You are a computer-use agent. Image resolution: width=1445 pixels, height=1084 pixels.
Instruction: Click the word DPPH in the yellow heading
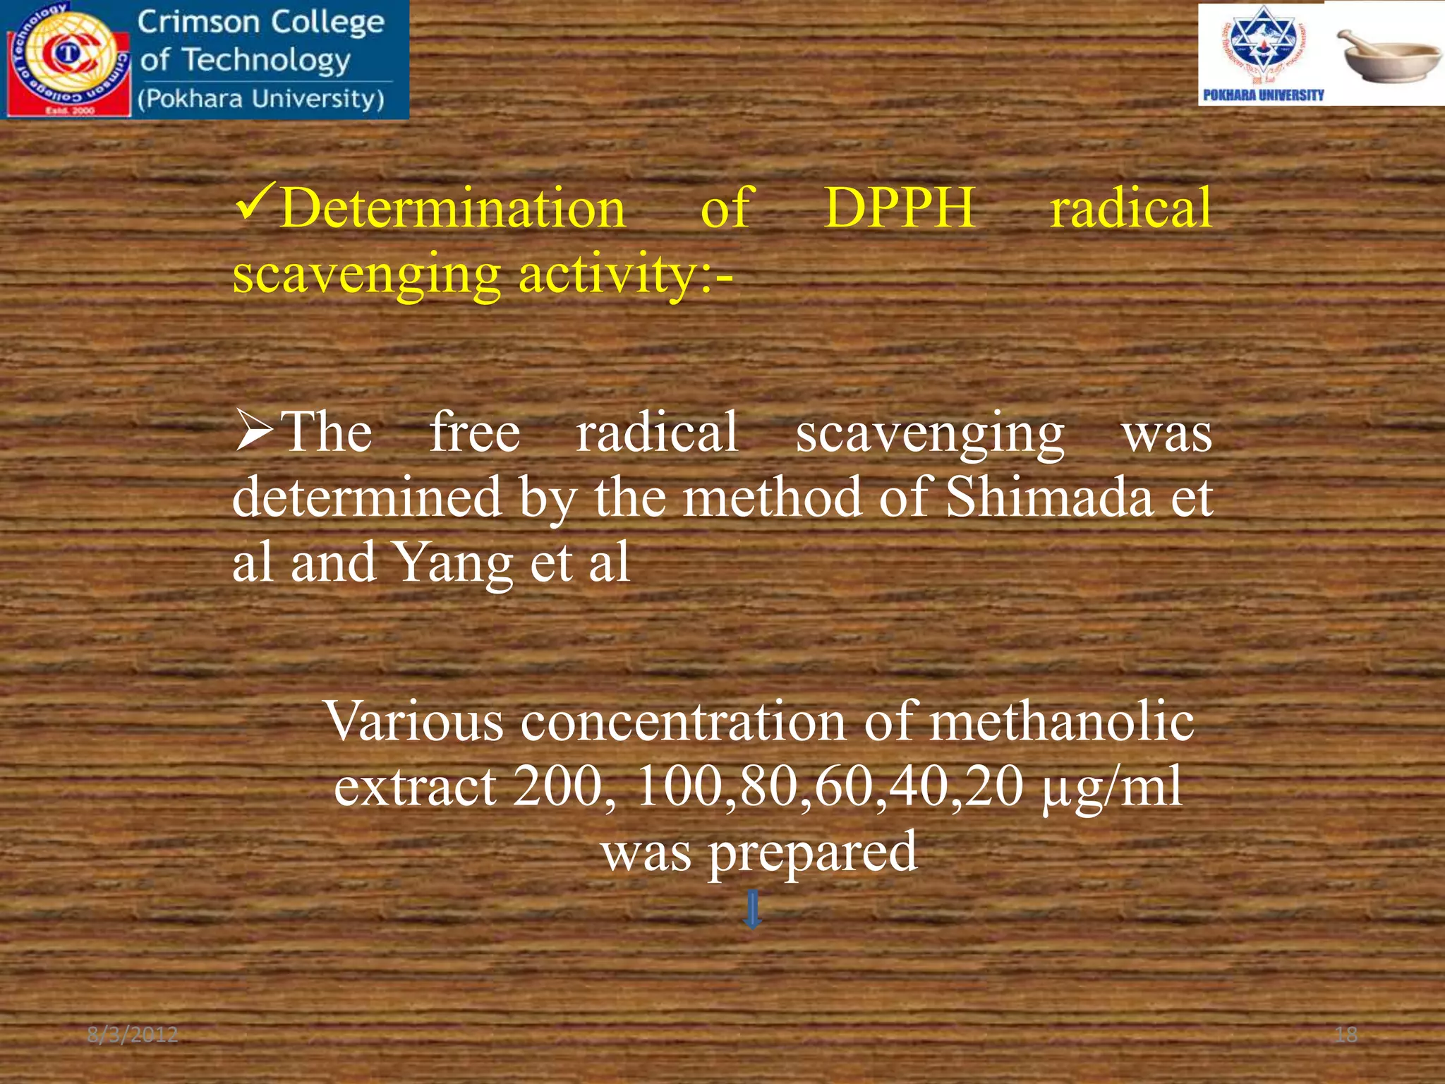(x=900, y=208)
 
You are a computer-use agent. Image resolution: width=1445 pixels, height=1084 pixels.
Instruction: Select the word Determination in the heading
(x=453, y=210)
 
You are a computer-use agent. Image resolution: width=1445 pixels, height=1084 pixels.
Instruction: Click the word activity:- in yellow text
(x=625, y=274)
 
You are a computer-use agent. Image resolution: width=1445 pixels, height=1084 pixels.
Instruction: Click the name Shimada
(x=1048, y=498)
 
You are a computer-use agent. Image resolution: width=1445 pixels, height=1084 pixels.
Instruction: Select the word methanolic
(x=1060, y=722)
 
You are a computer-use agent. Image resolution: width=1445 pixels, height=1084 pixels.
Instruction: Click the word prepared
(x=812, y=853)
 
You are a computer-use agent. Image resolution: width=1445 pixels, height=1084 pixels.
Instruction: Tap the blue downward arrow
(x=753, y=909)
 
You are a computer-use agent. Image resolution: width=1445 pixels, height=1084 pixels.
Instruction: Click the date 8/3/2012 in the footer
(x=133, y=1035)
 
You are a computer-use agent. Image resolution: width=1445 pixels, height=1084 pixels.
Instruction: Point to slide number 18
(x=1346, y=1035)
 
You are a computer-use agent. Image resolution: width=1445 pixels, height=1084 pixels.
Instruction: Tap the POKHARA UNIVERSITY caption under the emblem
(x=1263, y=95)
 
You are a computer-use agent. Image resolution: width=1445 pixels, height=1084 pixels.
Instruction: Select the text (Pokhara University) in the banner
(x=261, y=99)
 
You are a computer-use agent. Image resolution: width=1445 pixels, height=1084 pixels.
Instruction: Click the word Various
(x=413, y=722)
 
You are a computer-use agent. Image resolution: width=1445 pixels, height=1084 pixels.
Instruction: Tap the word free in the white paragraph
(x=475, y=433)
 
